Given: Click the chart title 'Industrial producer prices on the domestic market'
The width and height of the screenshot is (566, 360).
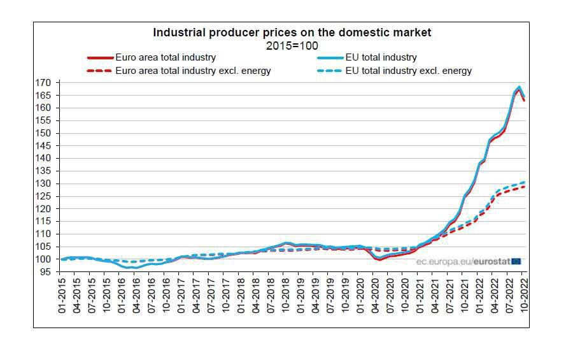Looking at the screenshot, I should pos(292,32).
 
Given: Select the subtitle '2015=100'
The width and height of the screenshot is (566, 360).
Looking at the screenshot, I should pos(292,45).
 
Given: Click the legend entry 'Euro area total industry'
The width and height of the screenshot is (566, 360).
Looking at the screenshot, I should pos(166,57).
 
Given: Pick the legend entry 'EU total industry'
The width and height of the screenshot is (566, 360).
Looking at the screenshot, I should pos(381,57).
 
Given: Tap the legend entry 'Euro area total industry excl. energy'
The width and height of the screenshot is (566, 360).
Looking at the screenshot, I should pos(193,71).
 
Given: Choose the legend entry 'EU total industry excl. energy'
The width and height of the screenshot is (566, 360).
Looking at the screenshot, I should pos(408,71).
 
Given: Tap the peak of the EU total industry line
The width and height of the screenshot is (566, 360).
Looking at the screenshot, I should pos(520,87).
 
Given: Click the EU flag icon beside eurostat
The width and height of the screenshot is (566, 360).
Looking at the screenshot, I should pos(516,261).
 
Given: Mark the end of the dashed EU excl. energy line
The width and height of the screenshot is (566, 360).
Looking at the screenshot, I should pos(525,182).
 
